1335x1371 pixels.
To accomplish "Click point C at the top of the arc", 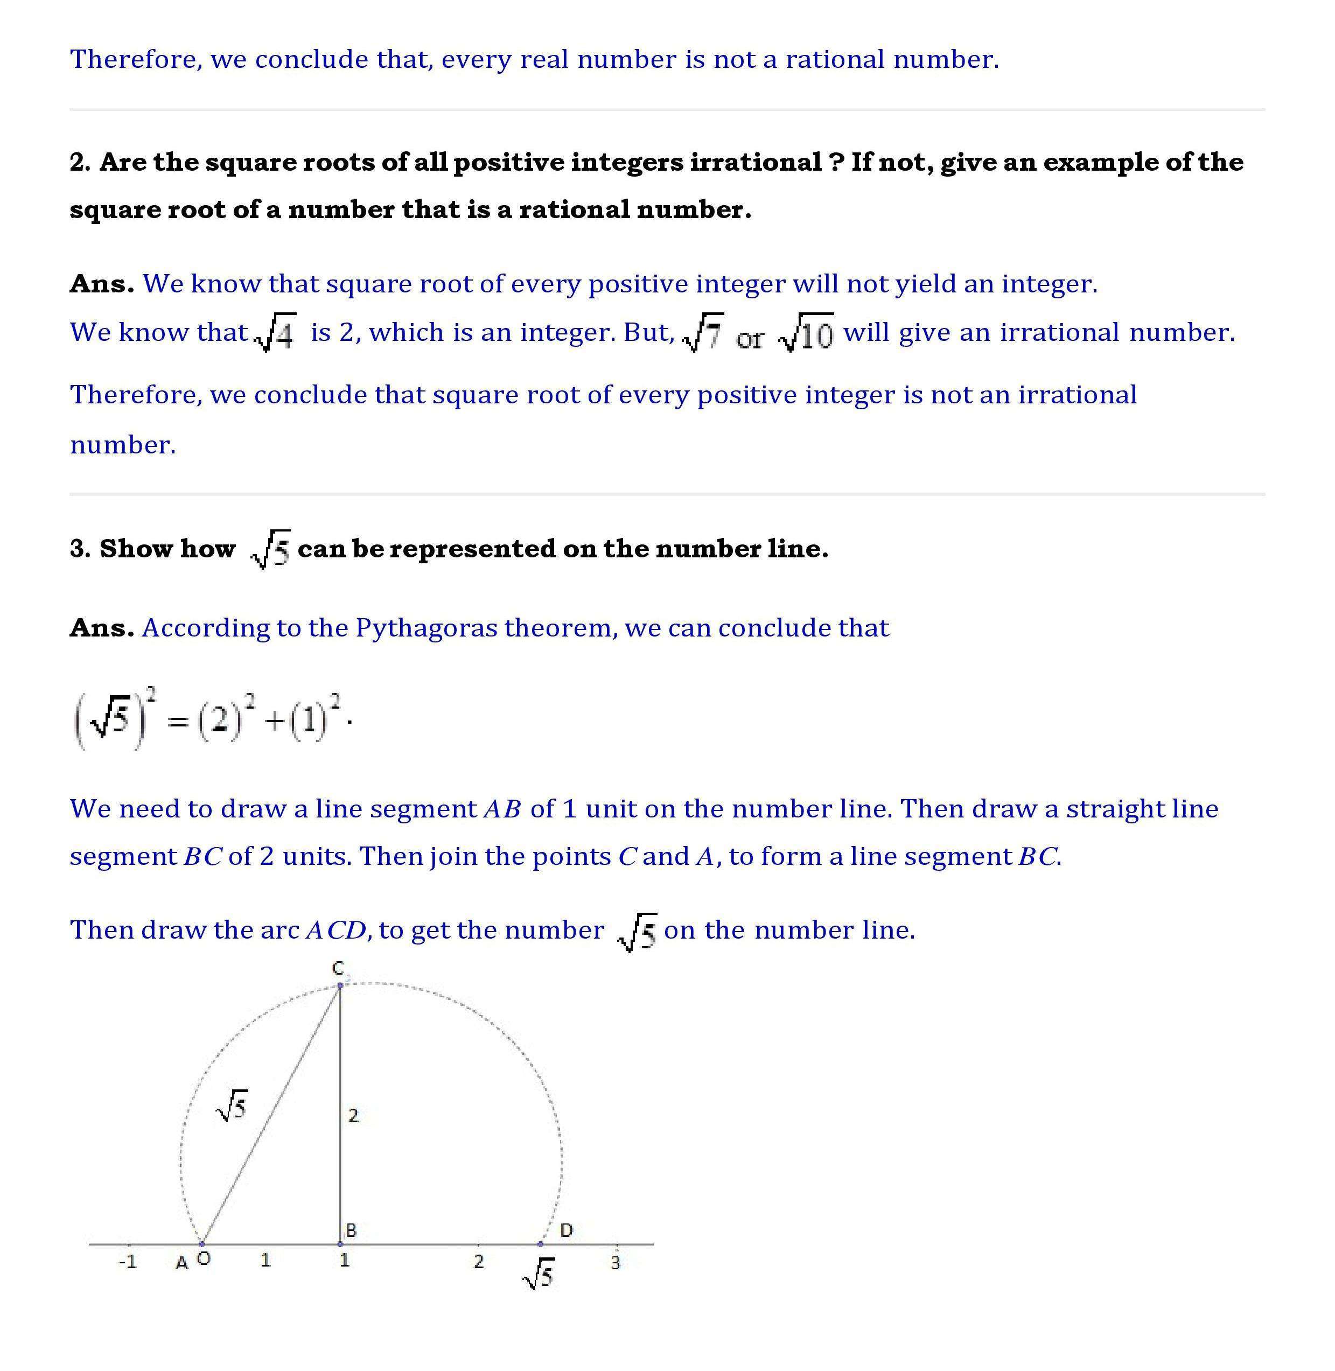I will (340, 985).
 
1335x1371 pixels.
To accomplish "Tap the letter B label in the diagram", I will (351, 1230).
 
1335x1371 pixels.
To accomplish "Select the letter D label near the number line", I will (567, 1230).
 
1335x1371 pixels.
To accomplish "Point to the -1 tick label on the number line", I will (128, 1262).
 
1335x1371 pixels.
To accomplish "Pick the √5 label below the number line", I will (539, 1274).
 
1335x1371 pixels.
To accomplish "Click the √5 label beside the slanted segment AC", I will (232, 1107).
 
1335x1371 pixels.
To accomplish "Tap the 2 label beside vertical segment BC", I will (353, 1116).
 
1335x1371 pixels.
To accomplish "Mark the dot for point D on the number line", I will (540, 1244).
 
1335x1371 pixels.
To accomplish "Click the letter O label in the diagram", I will (204, 1259).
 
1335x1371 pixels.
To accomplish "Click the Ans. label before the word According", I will (102, 628).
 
